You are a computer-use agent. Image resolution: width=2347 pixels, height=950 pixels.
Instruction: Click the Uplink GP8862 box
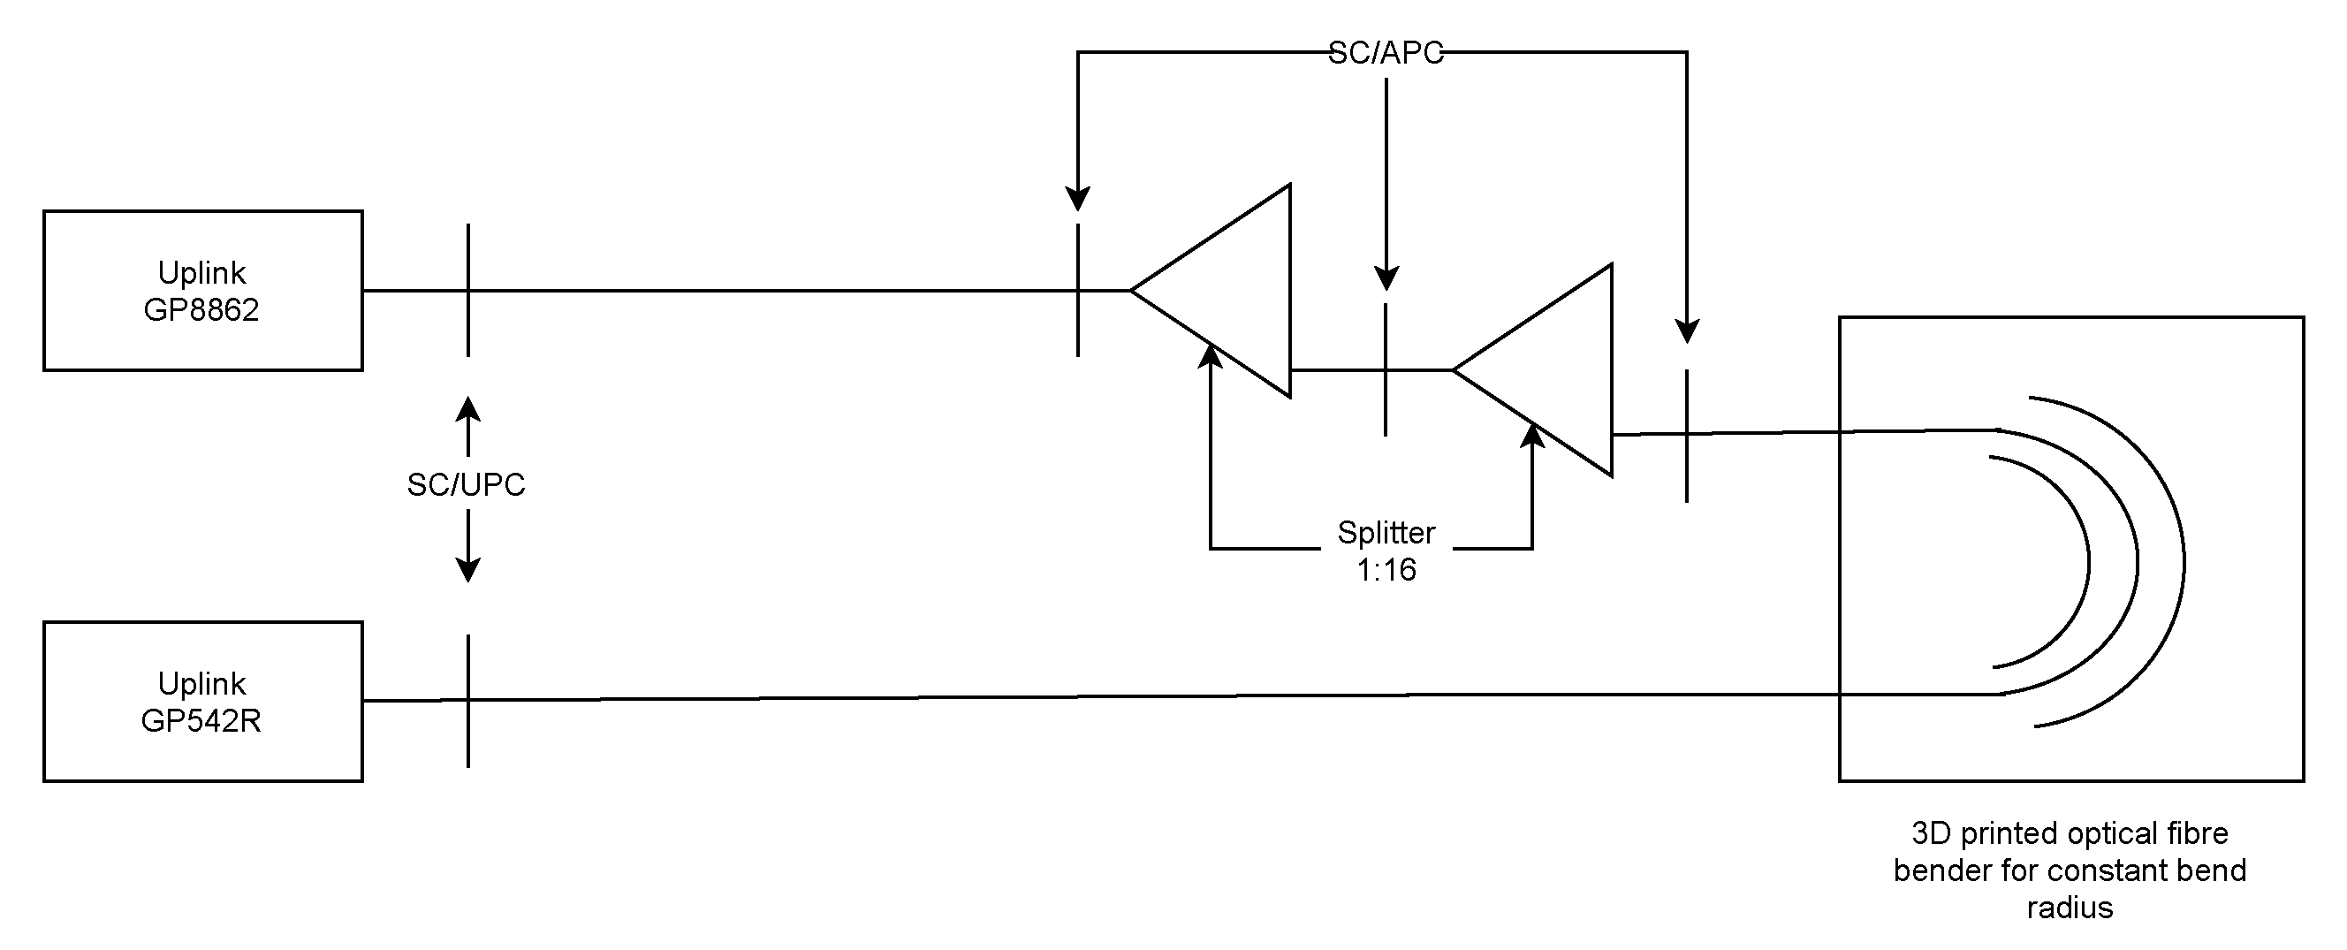click(x=202, y=291)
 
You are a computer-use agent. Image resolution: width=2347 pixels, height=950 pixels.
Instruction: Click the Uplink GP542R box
click(x=202, y=702)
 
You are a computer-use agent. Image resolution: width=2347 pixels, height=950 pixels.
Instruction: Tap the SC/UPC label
click(x=466, y=484)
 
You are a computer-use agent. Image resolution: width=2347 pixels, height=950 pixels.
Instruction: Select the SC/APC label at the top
click(x=1386, y=54)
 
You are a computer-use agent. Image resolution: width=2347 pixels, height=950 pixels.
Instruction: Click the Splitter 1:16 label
click(x=1386, y=551)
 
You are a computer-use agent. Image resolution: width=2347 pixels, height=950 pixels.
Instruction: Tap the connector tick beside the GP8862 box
click(x=468, y=264)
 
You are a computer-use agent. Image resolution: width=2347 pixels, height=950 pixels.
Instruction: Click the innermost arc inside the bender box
click(x=2086, y=562)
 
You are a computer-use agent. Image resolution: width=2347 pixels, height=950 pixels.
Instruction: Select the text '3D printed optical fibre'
click(x=2070, y=833)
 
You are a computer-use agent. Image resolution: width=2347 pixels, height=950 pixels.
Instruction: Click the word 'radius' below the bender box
click(x=2070, y=908)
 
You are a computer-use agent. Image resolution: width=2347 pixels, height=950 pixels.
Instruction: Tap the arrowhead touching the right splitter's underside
click(x=1533, y=437)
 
